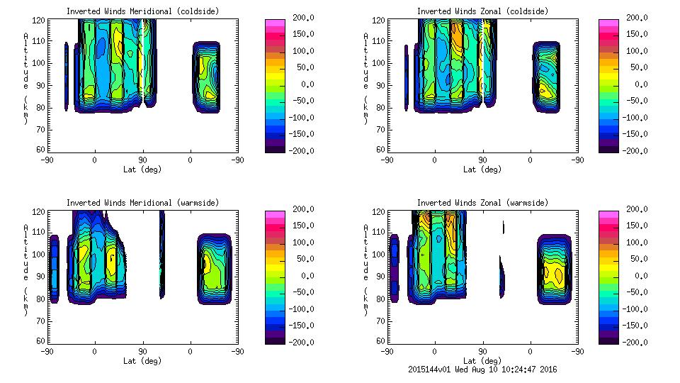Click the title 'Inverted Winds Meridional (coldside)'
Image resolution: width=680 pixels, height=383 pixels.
(x=142, y=11)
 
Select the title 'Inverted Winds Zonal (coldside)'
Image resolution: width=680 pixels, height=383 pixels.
(x=482, y=11)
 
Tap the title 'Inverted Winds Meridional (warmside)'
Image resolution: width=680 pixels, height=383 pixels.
(x=142, y=202)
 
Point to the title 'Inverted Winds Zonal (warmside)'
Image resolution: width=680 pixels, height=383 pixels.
(x=482, y=202)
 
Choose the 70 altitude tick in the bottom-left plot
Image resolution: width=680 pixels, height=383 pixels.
(x=42, y=320)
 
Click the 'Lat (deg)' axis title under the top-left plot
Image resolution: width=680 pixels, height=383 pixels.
(x=142, y=169)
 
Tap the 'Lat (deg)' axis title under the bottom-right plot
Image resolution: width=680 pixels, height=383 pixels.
(x=482, y=360)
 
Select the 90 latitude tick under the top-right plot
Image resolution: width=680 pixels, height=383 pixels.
(x=482, y=160)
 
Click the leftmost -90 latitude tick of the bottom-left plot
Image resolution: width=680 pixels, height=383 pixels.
(x=46, y=351)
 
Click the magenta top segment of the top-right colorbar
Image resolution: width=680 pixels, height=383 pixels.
(x=608, y=24)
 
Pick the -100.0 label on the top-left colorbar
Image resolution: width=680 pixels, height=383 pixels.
(x=298, y=117)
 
